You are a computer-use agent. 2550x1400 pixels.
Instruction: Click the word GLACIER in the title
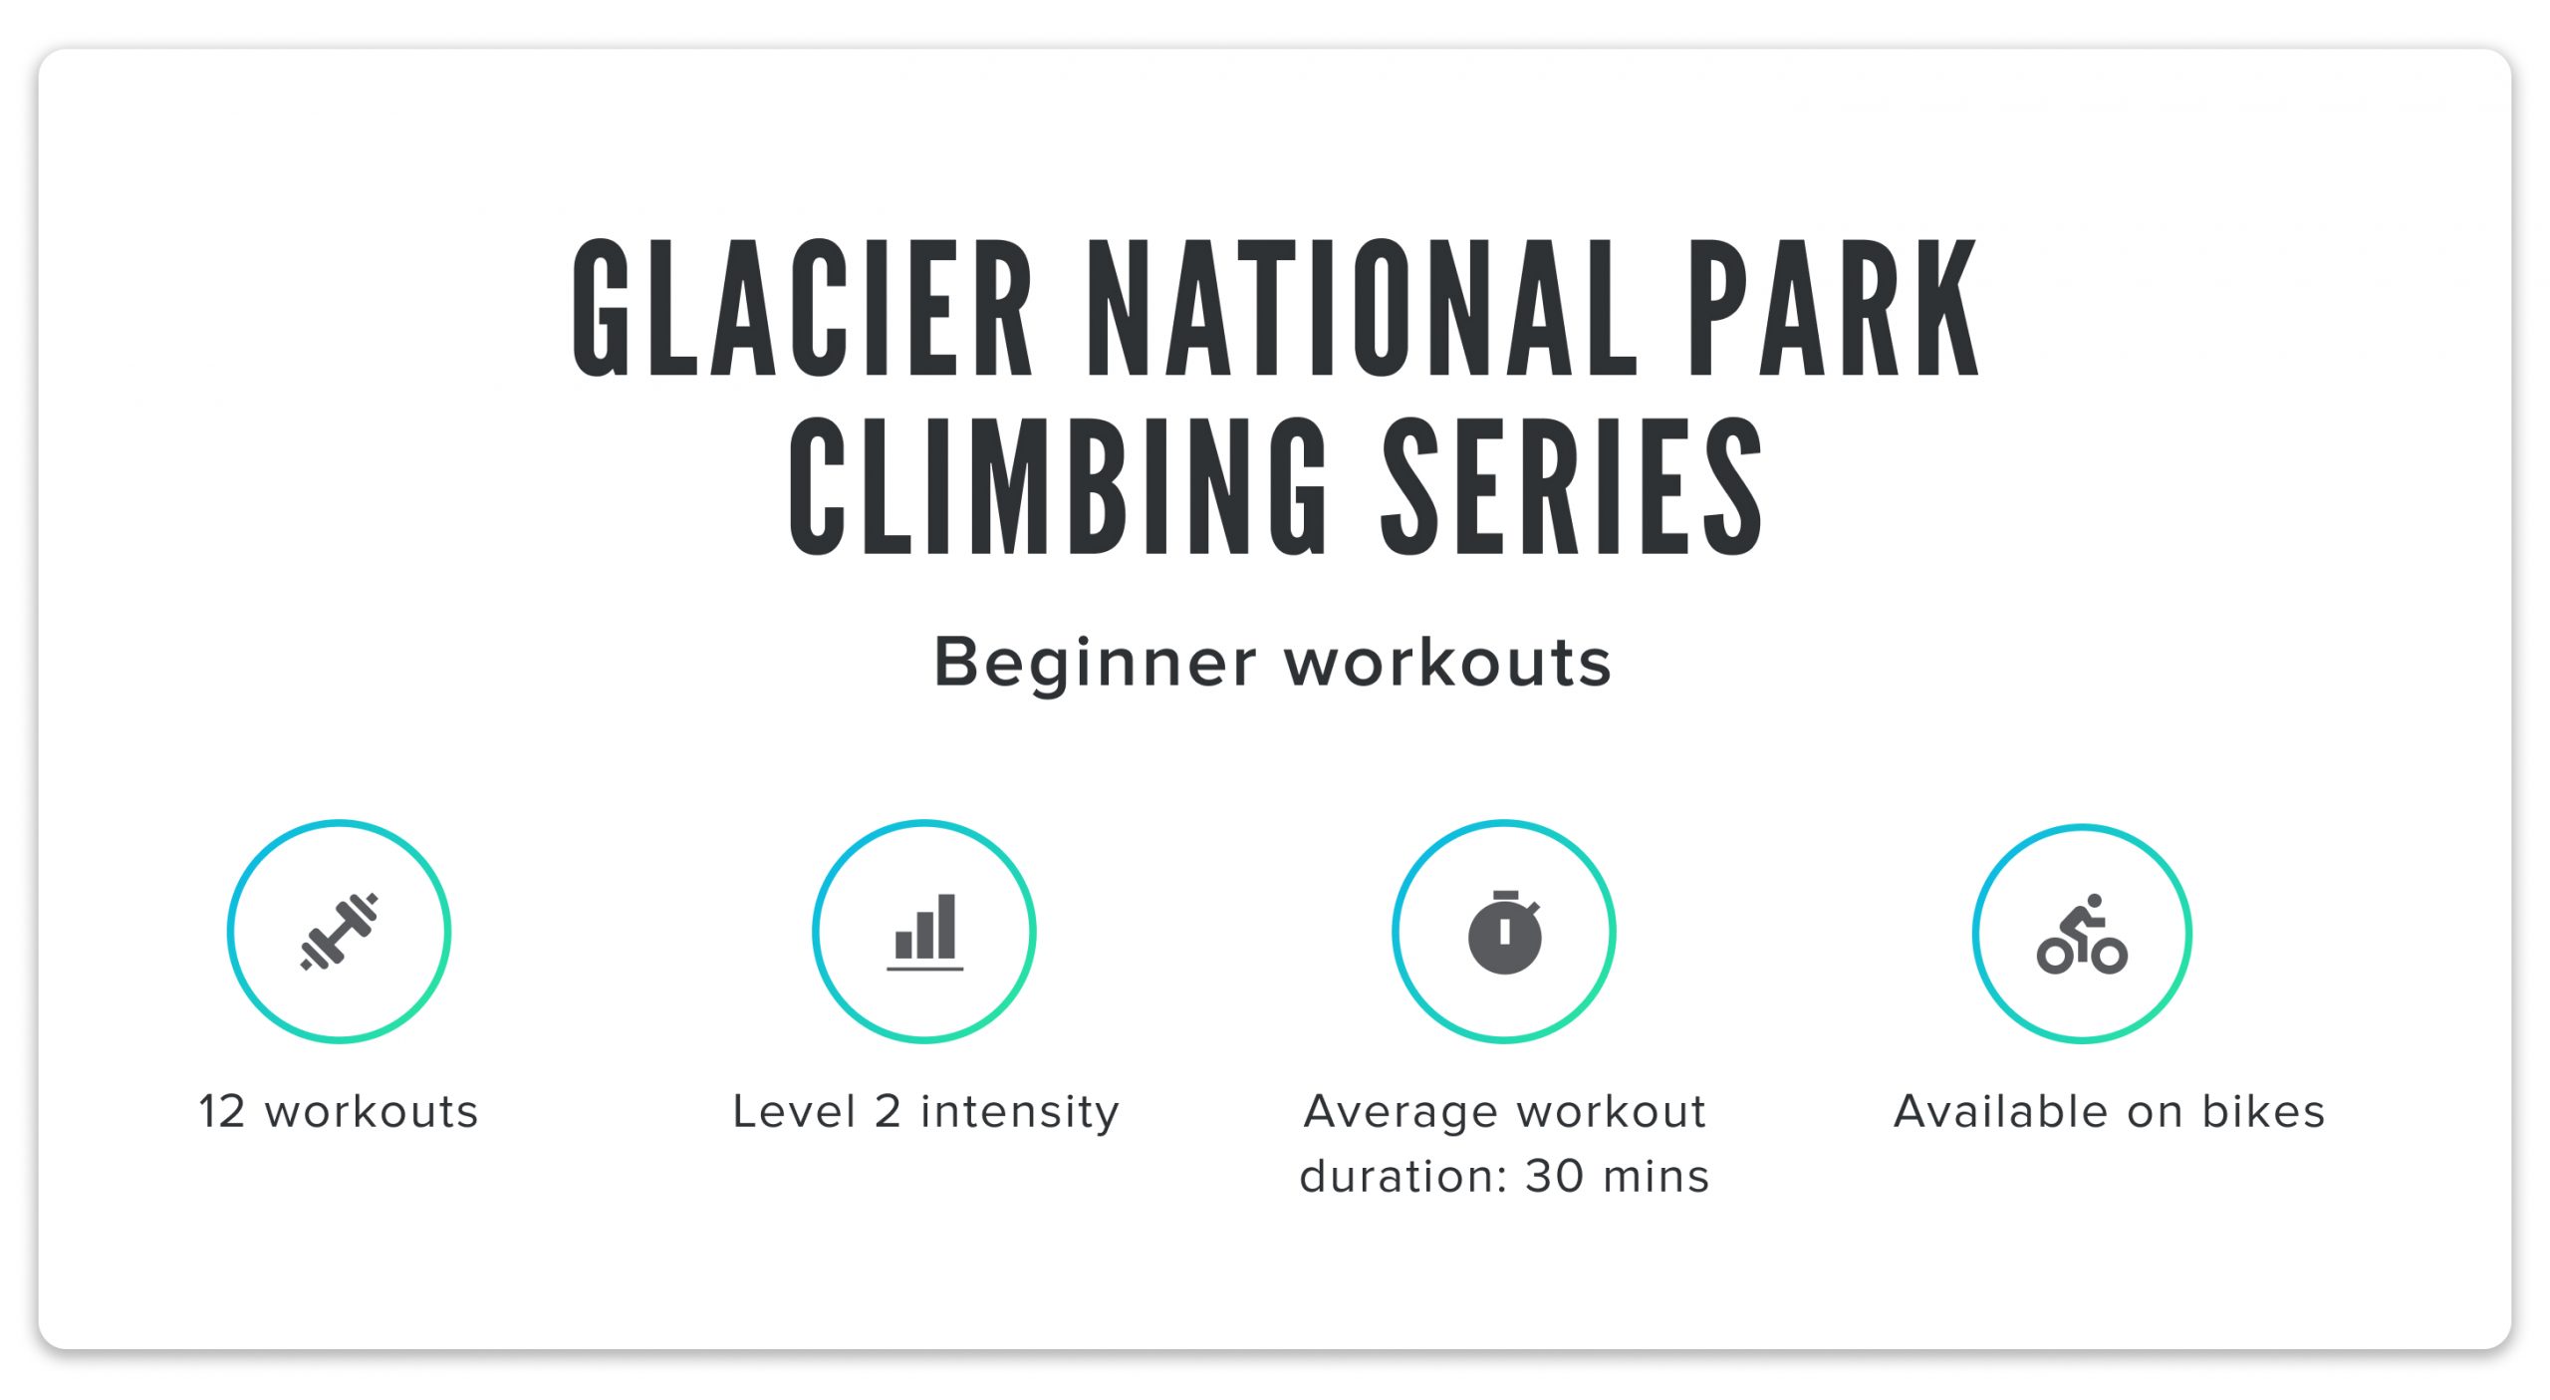pos(802,308)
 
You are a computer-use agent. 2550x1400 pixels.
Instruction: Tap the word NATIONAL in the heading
pos(1361,308)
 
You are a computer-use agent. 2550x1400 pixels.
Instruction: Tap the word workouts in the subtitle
pos(1447,664)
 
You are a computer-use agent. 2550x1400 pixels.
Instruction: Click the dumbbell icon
pos(339,932)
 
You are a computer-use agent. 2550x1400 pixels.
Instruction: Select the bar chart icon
pos(924,932)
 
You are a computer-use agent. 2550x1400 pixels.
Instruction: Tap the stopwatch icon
pos(1504,934)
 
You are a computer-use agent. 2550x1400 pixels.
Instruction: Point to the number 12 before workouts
pos(221,1112)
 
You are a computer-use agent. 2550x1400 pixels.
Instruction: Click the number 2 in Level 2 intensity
pos(888,1112)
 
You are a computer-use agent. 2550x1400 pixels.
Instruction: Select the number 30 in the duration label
pos(1554,1177)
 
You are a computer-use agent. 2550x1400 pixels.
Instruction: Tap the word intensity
pos(1020,1112)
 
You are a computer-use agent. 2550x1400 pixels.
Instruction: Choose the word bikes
pos(2263,1112)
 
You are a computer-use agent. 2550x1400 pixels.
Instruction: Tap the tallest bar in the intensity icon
pos(946,926)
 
